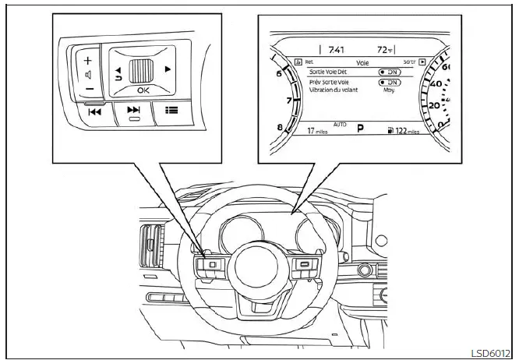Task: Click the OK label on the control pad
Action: pyautogui.click(x=140, y=90)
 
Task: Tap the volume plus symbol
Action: pyautogui.click(x=88, y=60)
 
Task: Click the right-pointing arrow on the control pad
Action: pyautogui.click(x=168, y=69)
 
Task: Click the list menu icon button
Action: pyautogui.click(x=169, y=111)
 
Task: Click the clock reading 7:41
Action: pyautogui.click(x=336, y=49)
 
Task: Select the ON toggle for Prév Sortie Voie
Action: pyautogui.click(x=390, y=82)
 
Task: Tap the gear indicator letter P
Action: pyautogui.click(x=361, y=128)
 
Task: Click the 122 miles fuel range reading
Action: pyautogui.click(x=406, y=132)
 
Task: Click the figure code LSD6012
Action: pyautogui.click(x=491, y=351)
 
